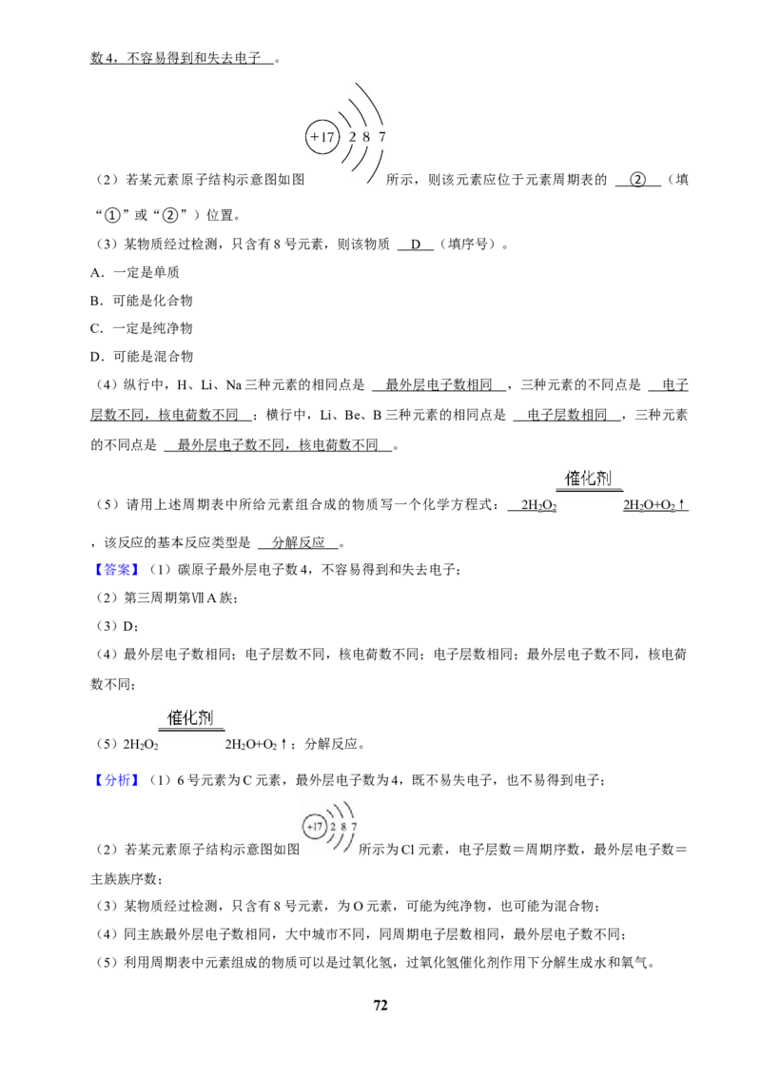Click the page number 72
(380, 1005)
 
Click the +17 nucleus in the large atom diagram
(322, 137)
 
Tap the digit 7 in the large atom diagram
(381, 137)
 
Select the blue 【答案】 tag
(113, 569)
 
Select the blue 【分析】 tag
(113, 779)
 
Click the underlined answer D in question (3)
(416, 244)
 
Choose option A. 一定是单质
(135, 272)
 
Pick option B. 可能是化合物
(142, 300)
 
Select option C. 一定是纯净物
(142, 328)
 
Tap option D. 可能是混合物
(142, 357)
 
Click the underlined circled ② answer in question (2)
(638, 180)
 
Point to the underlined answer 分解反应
(298, 542)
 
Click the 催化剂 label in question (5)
(588, 478)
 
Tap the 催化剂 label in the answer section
(190, 717)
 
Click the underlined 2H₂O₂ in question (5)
(538, 505)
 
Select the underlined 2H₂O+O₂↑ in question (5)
(655, 505)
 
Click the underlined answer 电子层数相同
(567, 415)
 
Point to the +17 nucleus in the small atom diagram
(315, 826)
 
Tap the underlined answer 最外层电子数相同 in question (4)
(439, 384)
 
